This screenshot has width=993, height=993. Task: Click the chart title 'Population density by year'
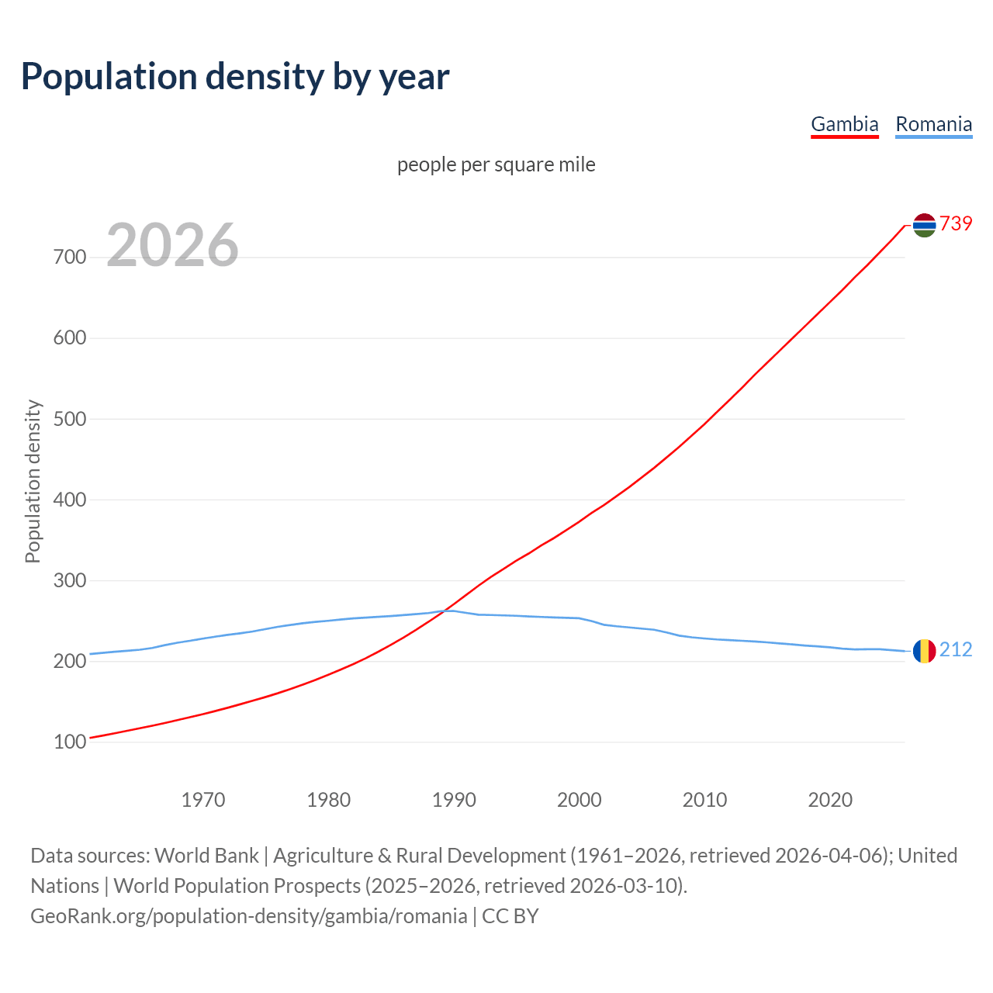[235, 77]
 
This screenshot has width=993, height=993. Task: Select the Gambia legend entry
[844, 124]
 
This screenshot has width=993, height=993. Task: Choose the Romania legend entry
[933, 124]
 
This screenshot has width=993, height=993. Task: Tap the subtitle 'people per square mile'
[496, 164]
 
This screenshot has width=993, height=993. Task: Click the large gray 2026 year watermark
[172, 245]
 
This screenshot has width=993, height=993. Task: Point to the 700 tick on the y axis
[70, 257]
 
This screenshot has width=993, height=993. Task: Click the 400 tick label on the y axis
[70, 500]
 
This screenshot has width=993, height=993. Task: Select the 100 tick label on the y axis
[70, 742]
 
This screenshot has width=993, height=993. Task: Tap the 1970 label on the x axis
[203, 800]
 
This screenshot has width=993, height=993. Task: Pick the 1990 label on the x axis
[454, 800]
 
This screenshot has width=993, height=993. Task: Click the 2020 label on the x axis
[830, 800]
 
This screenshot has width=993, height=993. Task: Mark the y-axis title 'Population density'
[33, 481]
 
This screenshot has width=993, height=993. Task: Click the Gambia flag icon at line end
[924, 225]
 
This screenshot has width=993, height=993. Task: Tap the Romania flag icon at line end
[924, 651]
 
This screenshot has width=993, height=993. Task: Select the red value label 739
[956, 223]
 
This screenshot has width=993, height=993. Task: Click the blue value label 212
[956, 649]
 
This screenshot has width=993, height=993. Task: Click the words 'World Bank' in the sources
[206, 856]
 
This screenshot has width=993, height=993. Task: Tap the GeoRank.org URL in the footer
[248, 916]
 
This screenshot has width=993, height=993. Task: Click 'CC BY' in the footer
[510, 916]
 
